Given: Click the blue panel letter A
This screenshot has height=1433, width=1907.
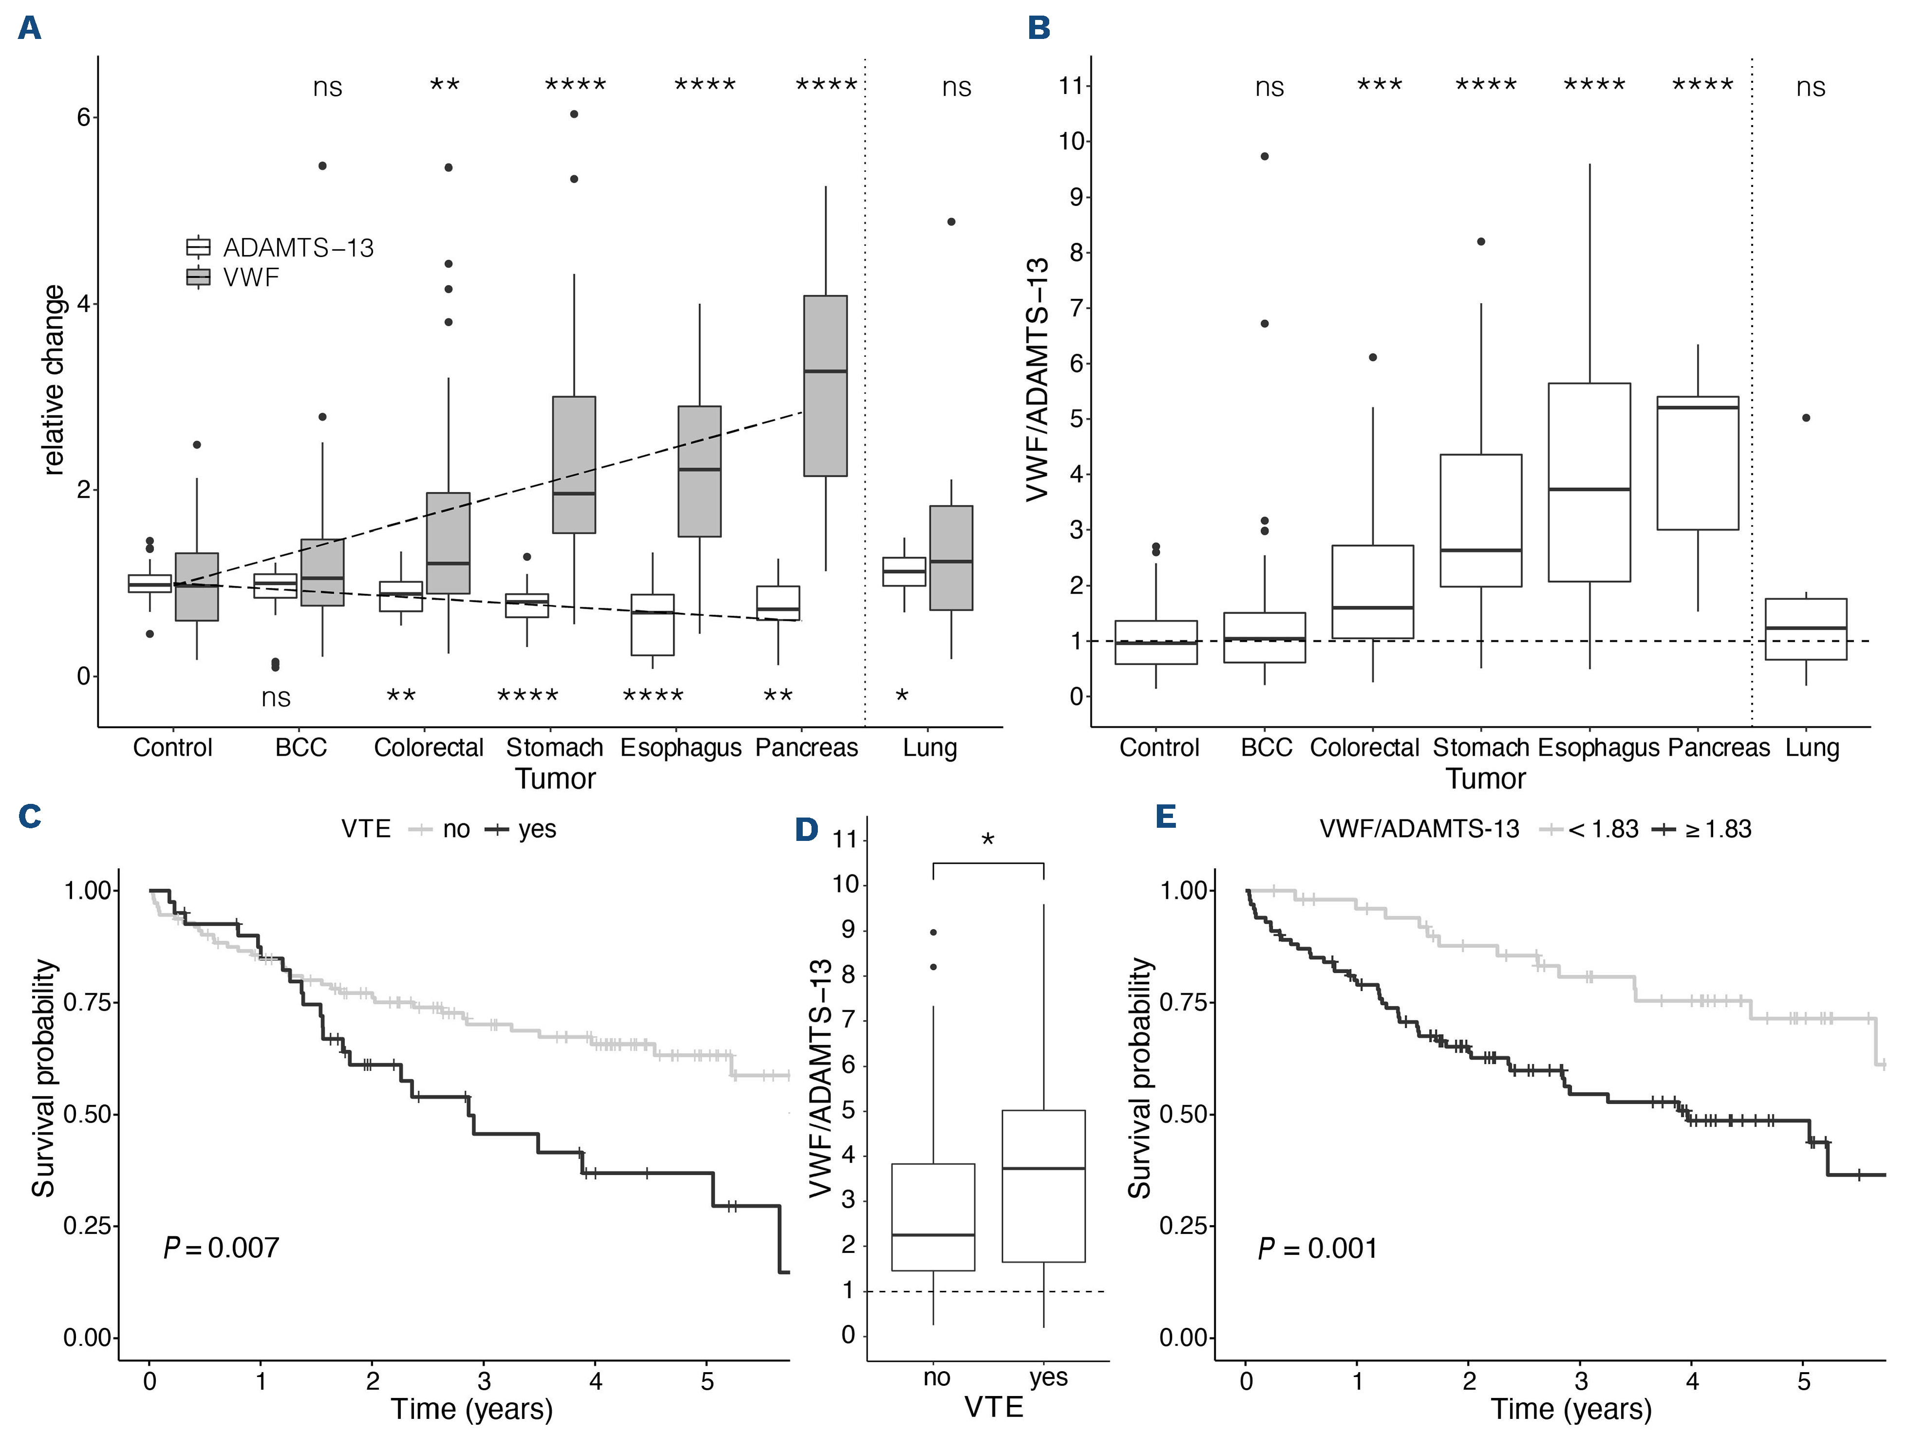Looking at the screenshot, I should tap(29, 28).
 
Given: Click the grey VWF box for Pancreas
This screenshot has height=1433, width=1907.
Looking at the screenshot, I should tap(825, 385).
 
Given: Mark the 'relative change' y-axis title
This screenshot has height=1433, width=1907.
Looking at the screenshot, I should tap(54, 380).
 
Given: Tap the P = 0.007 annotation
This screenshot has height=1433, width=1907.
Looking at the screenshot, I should tap(222, 1248).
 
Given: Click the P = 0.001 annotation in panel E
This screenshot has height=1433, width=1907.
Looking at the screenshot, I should tap(1317, 1248).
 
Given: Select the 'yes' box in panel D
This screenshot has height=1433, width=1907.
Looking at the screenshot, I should tap(1043, 1186).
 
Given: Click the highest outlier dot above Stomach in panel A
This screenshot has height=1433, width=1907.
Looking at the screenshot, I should tap(574, 114).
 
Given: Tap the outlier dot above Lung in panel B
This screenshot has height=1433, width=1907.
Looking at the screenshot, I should tap(1806, 418).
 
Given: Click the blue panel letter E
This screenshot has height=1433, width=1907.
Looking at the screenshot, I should tap(1166, 815).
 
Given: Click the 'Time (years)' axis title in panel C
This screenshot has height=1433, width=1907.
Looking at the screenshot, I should tap(472, 1408).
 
